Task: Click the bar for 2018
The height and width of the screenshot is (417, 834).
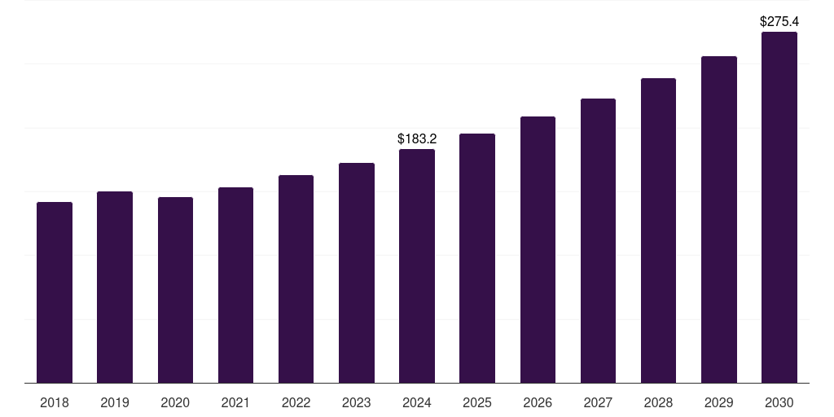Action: tap(55, 292)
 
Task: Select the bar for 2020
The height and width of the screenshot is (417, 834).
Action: tap(175, 290)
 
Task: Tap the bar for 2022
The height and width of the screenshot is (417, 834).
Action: tap(296, 279)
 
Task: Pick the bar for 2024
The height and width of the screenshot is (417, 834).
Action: tap(417, 266)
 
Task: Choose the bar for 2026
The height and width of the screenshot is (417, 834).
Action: tap(538, 249)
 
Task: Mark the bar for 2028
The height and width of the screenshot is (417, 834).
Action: tap(658, 230)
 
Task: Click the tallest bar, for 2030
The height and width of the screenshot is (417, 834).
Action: tap(779, 207)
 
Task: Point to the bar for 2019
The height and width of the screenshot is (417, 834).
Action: tap(115, 287)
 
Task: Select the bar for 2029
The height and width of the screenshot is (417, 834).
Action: tap(719, 219)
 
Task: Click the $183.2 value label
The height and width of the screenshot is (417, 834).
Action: tap(417, 139)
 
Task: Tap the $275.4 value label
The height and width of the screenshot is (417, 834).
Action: tap(779, 21)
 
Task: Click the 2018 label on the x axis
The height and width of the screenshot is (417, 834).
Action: tap(55, 402)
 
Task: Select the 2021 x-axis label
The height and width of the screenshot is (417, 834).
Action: tap(235, 402)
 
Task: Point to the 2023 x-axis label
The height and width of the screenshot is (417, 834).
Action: tap(357, 402)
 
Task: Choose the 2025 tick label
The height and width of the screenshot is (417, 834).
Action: tap(477, 402)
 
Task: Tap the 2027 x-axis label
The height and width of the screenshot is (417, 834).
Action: tap(598, 402)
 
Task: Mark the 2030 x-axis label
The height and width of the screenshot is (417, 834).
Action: tap(779, 402)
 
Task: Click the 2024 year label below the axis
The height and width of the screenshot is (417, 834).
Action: tap(417, 402)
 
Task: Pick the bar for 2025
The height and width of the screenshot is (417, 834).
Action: tap(477, 258)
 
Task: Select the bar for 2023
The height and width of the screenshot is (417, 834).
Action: tap(357, 273)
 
